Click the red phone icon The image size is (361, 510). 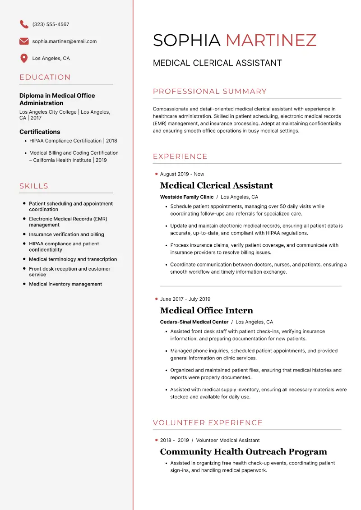24,24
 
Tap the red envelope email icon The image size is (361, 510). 24,41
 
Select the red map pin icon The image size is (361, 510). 24,58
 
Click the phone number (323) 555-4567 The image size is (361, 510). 51,24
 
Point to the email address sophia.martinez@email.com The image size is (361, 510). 65,41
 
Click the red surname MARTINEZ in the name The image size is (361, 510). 271,41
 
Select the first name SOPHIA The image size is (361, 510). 186,41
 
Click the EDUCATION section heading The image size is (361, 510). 45,77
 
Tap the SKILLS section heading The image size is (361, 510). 34,186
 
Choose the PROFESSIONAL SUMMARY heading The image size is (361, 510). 210,92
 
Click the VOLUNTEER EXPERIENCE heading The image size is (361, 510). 208,423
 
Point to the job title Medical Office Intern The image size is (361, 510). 206,311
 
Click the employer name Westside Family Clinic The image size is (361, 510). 187,197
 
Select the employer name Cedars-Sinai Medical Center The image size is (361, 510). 194,322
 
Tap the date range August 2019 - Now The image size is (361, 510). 182,174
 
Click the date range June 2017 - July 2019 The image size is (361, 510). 185,299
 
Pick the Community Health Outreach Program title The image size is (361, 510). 243,452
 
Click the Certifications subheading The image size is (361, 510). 40,132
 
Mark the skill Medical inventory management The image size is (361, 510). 65,284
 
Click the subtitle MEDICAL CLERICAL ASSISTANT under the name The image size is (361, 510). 217,63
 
